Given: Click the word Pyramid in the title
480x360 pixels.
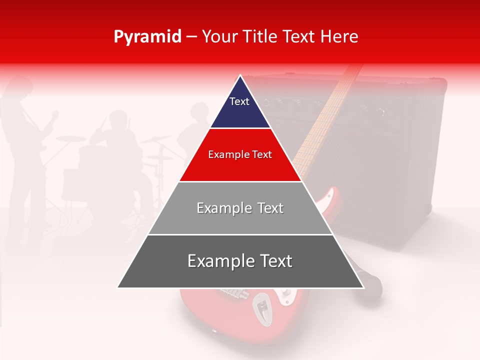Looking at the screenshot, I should tap(147, 37).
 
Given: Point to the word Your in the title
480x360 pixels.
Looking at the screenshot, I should tap(218, 37).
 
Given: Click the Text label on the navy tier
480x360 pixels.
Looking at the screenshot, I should tap(239, 101).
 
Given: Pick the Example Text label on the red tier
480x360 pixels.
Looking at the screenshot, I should tap(240, 154).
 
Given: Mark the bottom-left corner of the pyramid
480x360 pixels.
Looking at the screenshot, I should tap(118, 287).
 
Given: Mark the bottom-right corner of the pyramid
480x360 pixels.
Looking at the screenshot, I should tap(363, 287).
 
